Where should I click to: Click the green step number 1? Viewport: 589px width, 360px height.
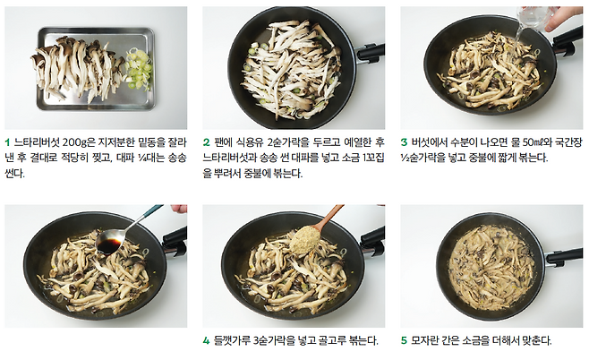[x=7, y=142]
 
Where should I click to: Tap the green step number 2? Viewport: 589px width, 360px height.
[x=206, y=142]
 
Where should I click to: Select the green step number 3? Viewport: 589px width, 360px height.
[x=405, y=142]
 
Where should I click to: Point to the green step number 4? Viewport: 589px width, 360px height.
[x=206, y=341]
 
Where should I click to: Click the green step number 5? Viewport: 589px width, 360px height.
[x=405, y=341]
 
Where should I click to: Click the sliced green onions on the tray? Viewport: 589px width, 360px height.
[x=138, y=69]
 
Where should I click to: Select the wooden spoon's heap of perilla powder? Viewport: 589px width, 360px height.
[x=305, y=239]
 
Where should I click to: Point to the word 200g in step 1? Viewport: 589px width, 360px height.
[x=74, y=142]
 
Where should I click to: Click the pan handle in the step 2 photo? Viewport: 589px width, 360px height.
[x=371, y=52]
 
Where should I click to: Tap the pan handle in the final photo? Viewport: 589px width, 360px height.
[x=563, y=257]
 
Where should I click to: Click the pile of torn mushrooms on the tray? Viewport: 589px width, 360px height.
[x=78, y=68]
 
